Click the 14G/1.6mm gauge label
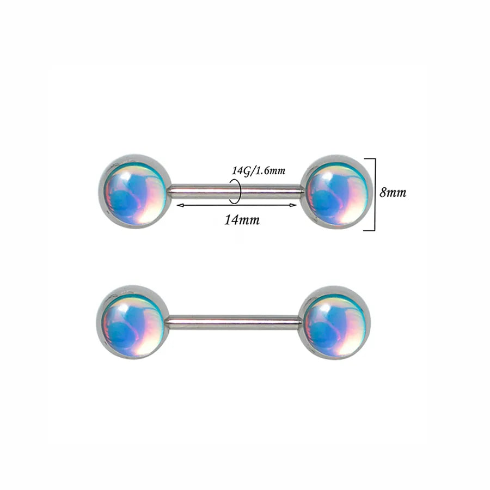[x=259, y=171]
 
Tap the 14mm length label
[x=242, y=220]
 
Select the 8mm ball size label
[x=393, y=193]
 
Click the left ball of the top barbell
[x=135, y=191]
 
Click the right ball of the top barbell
[x=336, y=192]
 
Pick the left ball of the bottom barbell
[x=133, y=322]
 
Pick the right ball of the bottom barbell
[x=334, y=322]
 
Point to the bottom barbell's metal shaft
[x=234, y=323]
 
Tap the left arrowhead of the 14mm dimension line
[x=180, y=205]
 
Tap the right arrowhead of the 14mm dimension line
[x=293, y=205]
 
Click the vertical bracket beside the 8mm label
[x=375, y=194]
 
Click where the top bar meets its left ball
[x=170, y=192]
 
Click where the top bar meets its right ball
[x=302, y=192]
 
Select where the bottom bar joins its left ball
[x=168, y=323]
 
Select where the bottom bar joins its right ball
[x=300, y=323]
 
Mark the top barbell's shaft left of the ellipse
[x=200, y=192]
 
